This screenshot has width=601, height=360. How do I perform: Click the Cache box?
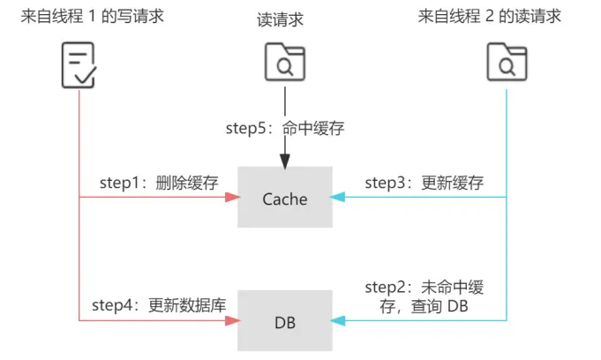click(x=284, y=198)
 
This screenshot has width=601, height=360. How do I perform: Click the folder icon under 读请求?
click(x=284, y=64)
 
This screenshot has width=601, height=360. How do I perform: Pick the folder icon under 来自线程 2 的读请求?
click(x=507, y=64)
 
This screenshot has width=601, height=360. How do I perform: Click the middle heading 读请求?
click(x=284, y=16)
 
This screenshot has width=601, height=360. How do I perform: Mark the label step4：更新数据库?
click(x=159, y=306)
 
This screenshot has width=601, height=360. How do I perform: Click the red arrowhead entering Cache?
click(x=231, y=198)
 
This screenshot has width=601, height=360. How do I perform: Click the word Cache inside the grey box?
click(x=284, y=199)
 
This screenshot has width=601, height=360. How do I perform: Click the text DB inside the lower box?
click(x=284, y=322)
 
